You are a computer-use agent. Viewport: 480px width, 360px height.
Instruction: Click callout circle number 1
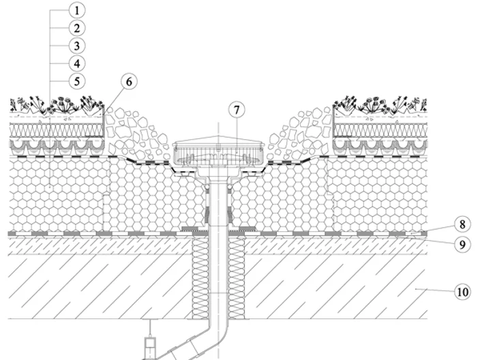tap(77, 10)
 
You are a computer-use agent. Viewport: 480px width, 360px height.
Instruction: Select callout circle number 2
tap(77, 28)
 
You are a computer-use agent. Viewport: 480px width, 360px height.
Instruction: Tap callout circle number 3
tap(77, 46)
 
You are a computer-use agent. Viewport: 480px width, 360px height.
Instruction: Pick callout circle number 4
tap(77, 63)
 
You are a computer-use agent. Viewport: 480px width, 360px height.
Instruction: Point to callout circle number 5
tap(77, 81)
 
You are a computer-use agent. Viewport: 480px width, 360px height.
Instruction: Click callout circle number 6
tap(129, 82)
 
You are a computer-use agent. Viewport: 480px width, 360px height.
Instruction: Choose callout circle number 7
tap(237, 110)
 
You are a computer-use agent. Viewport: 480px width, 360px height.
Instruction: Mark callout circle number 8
tap(462, 224)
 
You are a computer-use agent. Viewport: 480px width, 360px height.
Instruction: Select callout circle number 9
tap(462, 244)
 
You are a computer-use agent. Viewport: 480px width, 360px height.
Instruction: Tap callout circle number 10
tap(462, 292)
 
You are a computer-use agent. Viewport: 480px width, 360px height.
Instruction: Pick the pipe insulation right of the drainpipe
tap(237, 279)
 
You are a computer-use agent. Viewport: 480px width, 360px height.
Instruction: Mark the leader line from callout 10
tap(435, 290)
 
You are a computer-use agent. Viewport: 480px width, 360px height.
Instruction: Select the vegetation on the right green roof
tap(380, 105)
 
